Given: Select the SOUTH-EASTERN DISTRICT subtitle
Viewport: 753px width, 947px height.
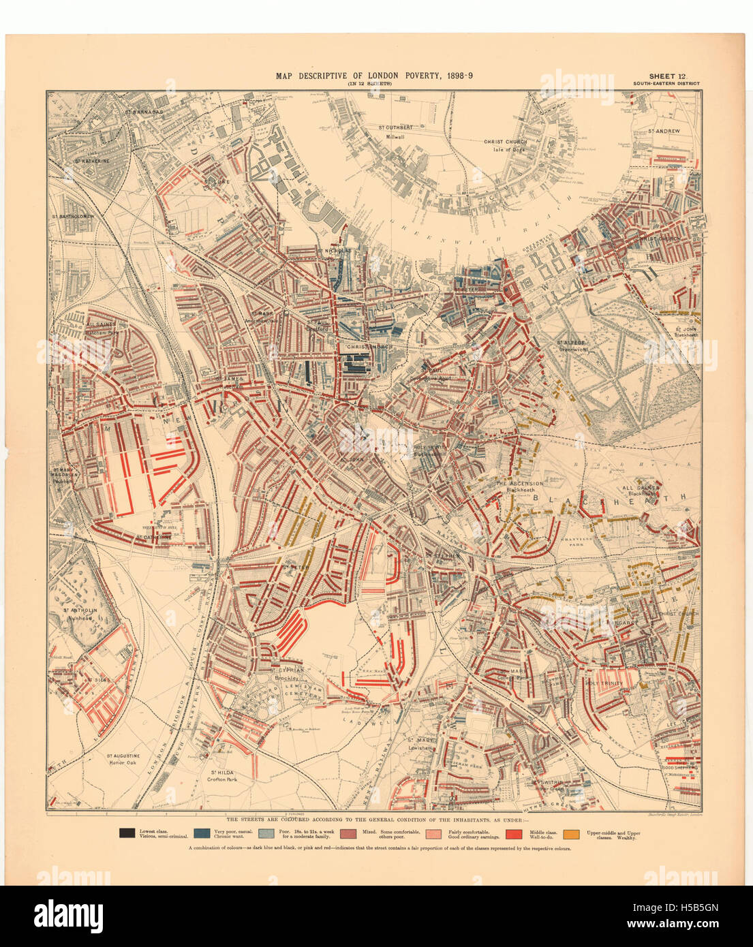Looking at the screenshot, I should click(x=665, y=84).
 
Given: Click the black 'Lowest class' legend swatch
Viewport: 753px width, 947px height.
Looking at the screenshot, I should click(x=127, y=833).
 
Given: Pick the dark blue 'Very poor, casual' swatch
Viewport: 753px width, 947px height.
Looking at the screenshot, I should click(x=202, y=833).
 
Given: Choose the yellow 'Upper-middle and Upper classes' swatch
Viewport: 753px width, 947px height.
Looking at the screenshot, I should click(x=572, y=833).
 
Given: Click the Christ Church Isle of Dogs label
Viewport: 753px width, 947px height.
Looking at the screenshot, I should click(x=506, y=145).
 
